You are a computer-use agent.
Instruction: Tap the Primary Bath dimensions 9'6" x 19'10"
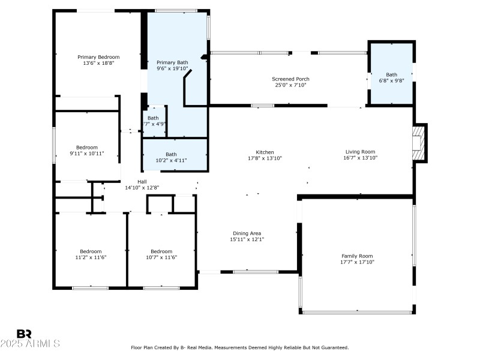(172, 68)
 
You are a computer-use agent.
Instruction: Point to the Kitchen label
(265, 152)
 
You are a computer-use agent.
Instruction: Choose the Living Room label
(360, 152)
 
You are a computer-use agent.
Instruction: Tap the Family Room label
(357, 256)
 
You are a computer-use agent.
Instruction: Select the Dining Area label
(247, 233)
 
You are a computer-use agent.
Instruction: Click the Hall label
(142, 182)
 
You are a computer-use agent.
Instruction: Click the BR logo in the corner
(24, 334)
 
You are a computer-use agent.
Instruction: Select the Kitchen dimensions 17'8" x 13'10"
(265, 158)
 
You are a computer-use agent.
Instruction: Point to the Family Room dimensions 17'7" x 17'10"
(357, 262)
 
